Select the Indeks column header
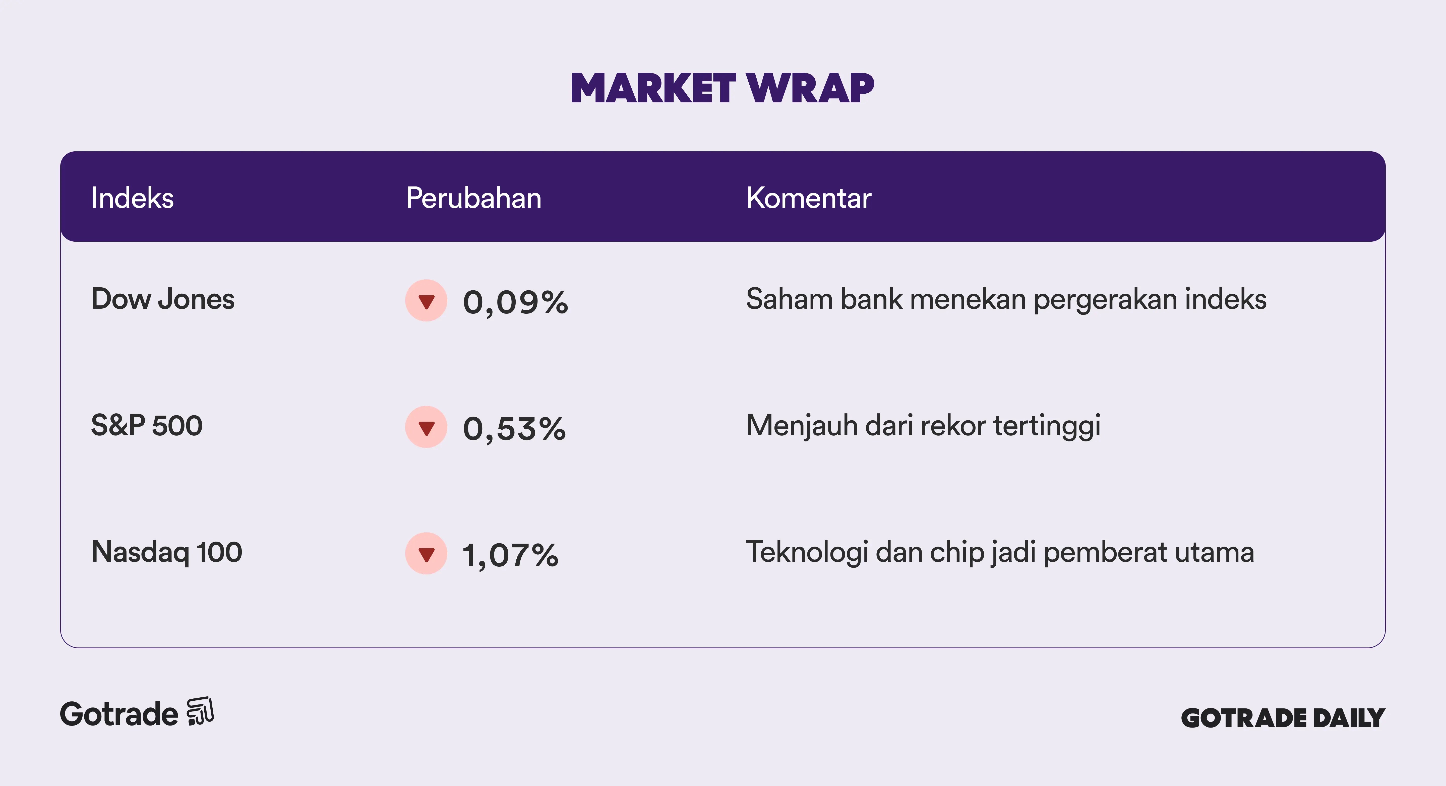coord(133,198)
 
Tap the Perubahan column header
coord(474,198)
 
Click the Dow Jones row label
coord(163,299)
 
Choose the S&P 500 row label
coord(147,425)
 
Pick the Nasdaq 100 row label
coord(167,552)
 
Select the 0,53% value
coord(514,429)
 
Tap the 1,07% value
coord(510,555)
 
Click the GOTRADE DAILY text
coord(1283,718)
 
